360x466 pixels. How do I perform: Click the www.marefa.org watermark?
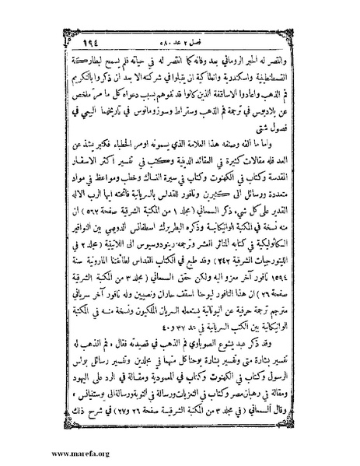(x=37, y=452)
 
